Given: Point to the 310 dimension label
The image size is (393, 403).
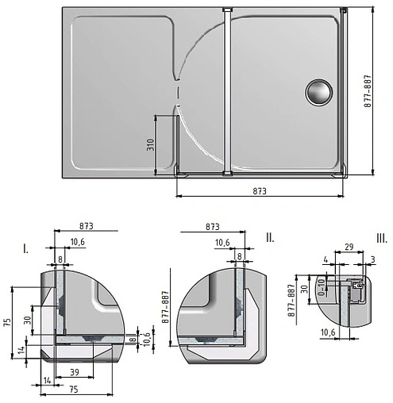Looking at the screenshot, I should [x=149, y=144].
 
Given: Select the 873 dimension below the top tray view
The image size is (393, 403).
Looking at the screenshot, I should [x=259, y=191].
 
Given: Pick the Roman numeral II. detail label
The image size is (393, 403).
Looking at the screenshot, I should [x=270, y=236].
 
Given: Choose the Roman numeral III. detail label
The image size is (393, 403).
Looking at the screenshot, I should [x=382, y=237].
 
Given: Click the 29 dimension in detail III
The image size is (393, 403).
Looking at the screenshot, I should [x=349, y=248].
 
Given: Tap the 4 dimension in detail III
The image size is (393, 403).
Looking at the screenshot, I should [x=326, y=259].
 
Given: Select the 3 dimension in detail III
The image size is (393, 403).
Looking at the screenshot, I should [x=373, y=259].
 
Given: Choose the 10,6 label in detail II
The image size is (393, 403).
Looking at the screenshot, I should [x=223, y=242].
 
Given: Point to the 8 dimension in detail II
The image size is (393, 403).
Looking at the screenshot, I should [x=239, y=256].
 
